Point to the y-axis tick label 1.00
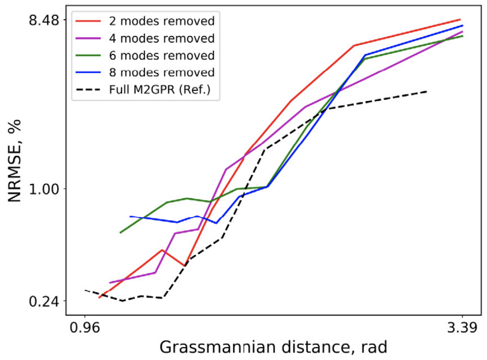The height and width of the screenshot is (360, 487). tap(46, 189)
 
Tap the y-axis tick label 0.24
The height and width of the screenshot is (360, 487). tap(46, 301)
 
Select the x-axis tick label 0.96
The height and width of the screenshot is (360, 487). tap(85, 328)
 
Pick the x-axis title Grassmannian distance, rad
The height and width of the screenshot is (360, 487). tap(273, 347)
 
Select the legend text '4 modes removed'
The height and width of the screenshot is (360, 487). tap(161, 38)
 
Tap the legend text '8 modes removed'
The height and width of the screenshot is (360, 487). tap(161, 72)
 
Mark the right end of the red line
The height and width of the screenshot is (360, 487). tap(460, 19)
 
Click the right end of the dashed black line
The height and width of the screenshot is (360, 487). tap(426, 91)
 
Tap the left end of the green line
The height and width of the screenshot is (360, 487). tap(120, 233)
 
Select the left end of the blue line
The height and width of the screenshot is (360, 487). tap(130, 216)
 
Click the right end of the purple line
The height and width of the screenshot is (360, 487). tap(462, 31)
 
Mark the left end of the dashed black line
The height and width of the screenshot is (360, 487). tap(85, 290)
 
